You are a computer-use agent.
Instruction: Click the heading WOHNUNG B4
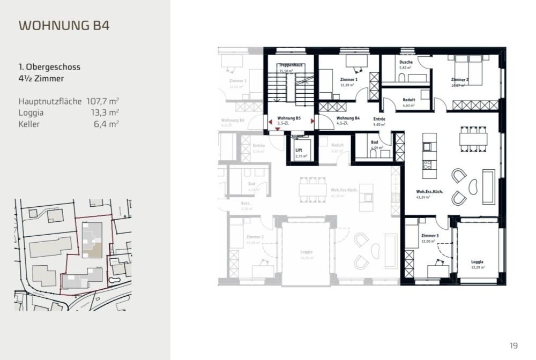(x=64, y=25)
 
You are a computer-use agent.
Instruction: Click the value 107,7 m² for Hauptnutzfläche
(x=102, y=101)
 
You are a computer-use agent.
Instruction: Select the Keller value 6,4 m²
(x=106, y=124)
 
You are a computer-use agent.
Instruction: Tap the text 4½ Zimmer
(x=41, y=79)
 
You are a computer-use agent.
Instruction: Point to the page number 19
(x=514, y=345)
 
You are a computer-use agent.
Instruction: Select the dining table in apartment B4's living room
(x=474, y=138)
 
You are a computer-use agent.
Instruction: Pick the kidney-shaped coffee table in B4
(x=474, y=186)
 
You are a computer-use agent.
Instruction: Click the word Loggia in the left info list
(x=31, y=112)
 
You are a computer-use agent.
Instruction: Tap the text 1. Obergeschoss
(x=49, y=67)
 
